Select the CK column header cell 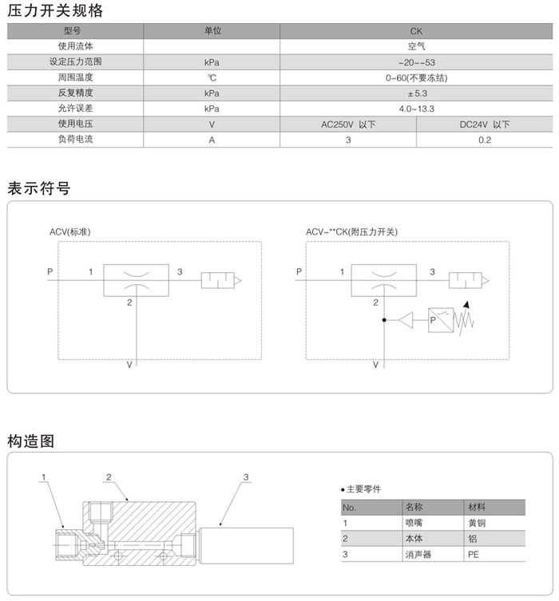[416, 31]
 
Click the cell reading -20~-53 [416, 62]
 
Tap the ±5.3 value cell [416, 93]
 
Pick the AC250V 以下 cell [347, 125]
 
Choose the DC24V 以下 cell [485, 125]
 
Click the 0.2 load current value [485, 140]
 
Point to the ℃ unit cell [212, 77]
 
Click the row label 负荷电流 [76, 140]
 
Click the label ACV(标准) [70, 231]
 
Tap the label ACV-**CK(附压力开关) [351, 231]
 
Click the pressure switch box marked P [440, 319]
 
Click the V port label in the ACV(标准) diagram [129, 364]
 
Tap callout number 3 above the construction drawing [246, 476]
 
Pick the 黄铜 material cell [477, 523]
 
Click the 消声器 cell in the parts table [418, 554]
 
